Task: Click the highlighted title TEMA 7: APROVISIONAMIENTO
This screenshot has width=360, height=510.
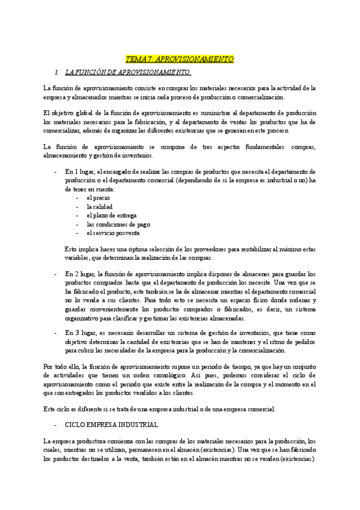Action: coord(179,59)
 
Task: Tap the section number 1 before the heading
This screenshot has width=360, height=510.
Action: coord(55,73)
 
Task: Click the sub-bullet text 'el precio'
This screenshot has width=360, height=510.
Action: coord(98,197)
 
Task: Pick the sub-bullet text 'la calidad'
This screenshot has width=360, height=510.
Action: coord(99,206)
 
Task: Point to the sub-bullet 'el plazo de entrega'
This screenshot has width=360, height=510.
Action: coord(111,215)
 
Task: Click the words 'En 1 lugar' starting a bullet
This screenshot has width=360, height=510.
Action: coord(79,171)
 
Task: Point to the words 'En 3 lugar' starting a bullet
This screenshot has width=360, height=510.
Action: coord(79,332)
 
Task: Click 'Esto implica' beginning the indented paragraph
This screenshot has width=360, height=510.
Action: coord(79,249)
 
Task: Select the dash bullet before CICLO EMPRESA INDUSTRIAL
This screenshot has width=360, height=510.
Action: coord(55,425)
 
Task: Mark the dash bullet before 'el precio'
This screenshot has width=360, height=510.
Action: coord(78,197)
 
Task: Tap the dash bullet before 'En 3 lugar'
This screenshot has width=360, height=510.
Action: coord(55,332)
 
